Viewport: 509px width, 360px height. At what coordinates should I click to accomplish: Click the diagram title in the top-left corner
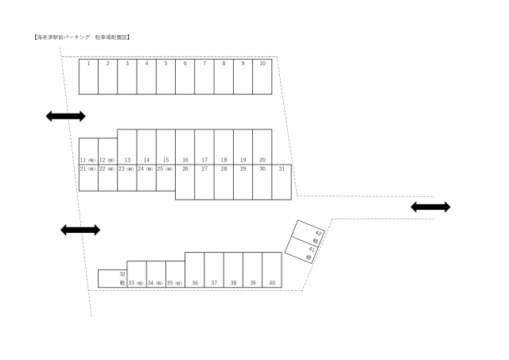click(77, 37)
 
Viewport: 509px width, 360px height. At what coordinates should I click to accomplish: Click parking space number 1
click(88, 76)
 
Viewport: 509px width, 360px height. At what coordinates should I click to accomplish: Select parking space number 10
click(262, 76)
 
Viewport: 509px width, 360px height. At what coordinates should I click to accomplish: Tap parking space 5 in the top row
click(165, 76)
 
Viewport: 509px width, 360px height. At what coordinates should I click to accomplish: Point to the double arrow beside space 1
click(65, 117)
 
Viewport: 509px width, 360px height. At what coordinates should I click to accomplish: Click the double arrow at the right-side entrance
click(430, 207)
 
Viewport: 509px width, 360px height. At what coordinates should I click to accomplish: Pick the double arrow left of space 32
click(80, 230)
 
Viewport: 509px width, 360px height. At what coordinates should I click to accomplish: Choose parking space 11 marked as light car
click(87, 152)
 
